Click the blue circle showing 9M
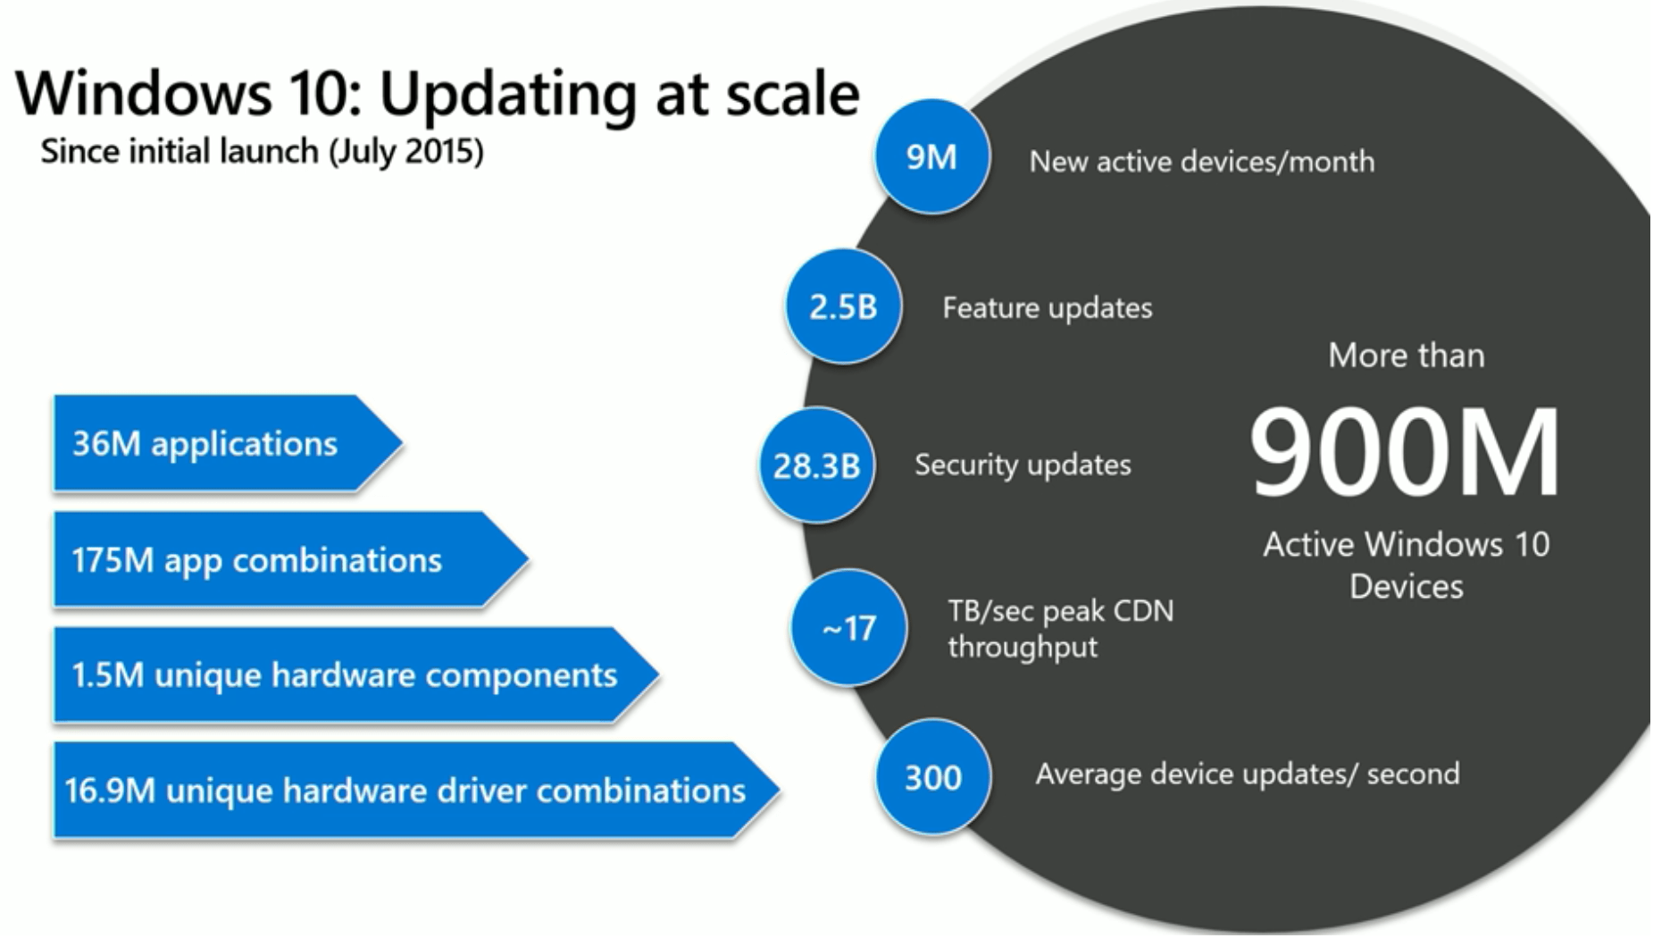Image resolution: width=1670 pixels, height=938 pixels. [x=931, y=156]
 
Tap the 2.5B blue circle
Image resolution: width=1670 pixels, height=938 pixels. [x=843, y=306]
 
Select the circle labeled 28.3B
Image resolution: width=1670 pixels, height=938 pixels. [x=816, y=465]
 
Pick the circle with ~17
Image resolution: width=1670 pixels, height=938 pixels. [x=848, y=628]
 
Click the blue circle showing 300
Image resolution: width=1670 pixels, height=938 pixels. [x=932, y=777]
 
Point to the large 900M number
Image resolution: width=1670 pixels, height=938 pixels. [x=1405, y=452]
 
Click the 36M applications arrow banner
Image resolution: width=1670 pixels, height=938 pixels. [x=214, y=444]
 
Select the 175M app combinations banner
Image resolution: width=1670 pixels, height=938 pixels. [x=268, y=560]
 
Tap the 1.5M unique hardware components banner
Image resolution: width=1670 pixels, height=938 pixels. [x=344, y=675]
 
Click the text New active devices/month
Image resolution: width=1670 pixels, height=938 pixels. [x=1201, y=162]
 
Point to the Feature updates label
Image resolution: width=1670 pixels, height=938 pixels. [x=1047, y=308]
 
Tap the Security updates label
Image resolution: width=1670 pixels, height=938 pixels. [x=1023, y=465]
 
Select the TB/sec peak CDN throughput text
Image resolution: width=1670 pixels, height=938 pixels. [x=1060, y=628]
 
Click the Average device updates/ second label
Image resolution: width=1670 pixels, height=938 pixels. [x=1247, y=774]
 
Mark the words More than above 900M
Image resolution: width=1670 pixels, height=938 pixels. [x=1406, y=356]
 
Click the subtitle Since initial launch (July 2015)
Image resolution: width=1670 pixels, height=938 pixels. [x=262, y=151]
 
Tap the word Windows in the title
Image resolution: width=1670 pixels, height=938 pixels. [x=143, y=93]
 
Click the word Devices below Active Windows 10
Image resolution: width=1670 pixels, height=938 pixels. [x=1406, y=587]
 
